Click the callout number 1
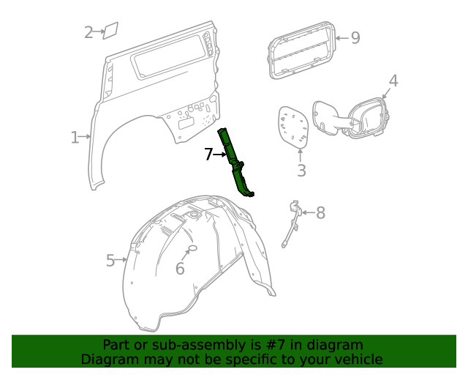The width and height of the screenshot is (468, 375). (75, 137)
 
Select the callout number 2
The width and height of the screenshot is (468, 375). (88, 32)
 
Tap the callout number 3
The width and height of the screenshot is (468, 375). (301, 171)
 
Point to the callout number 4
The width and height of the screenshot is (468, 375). (393, 81)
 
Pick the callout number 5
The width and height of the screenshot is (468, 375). (110, 260)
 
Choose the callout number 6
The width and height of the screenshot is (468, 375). (180, 269)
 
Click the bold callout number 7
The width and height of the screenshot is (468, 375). (208, 155)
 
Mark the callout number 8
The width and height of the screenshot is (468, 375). (320, 213)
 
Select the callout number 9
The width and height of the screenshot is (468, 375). (355, 37)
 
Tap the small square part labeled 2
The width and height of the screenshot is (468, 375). (110, 30)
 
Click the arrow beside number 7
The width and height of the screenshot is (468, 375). (221, 155)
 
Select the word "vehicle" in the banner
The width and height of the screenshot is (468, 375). (357, 360)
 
